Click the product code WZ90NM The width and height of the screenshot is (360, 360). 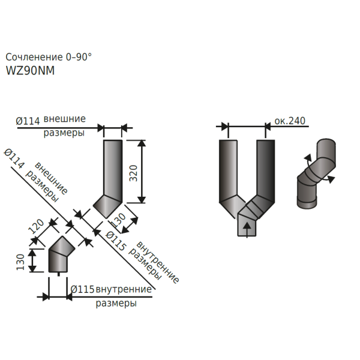tap(30, 70)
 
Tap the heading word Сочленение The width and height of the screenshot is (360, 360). tap(34, 57)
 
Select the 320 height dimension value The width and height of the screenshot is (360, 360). tap(133, 173)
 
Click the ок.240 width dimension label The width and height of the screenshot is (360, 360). tap(290, 121)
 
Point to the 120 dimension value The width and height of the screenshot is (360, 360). tap(36, 226)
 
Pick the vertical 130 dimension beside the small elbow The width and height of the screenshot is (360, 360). tap(20, 262)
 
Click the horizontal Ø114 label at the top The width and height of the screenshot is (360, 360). tap(28, 121)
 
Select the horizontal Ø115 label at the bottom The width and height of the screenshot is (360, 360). tap(82, 289)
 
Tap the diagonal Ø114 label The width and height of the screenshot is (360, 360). tap(14, 158)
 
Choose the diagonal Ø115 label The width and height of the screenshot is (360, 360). tap(116, 241)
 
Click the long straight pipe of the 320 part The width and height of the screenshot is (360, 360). tap(113, 168)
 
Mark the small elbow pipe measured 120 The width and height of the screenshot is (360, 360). tap(61, 254)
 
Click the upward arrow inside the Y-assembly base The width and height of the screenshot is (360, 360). tap(247, 229)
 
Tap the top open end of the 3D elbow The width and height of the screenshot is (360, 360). tap(326, 142)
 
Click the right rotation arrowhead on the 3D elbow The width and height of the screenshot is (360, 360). tap(331, 179)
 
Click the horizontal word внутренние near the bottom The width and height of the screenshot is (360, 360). tap(124, 289)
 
